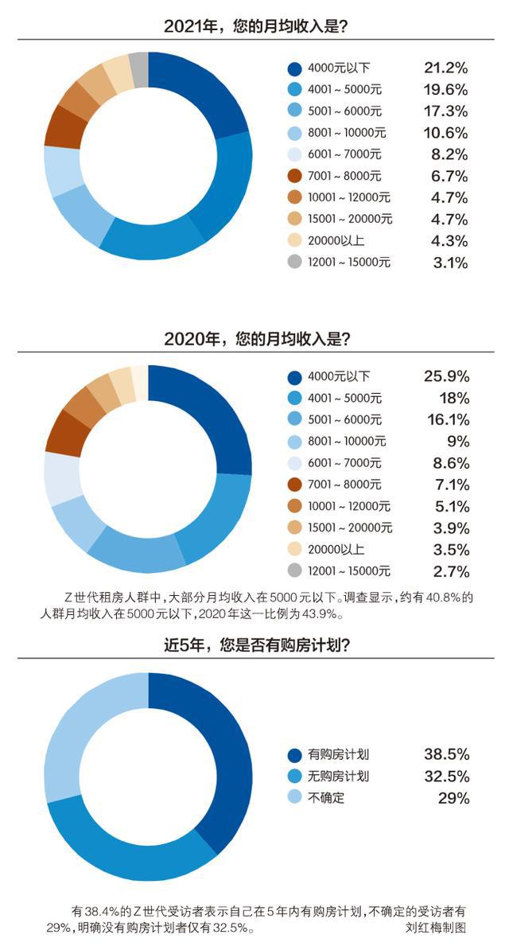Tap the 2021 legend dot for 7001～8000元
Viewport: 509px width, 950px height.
(x=295, y=176)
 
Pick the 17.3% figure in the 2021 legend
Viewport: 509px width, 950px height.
(x=445, y=111)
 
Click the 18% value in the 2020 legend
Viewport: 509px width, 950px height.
(x=451, y=398)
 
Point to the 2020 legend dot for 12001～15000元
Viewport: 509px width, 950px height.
(x=295, y=570)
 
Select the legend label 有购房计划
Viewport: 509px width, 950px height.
(x=339, y=754)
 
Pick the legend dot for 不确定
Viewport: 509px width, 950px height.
(x=295, y=797)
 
